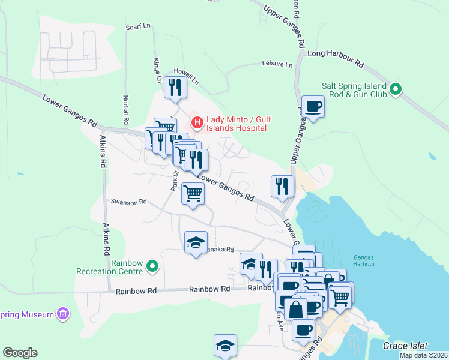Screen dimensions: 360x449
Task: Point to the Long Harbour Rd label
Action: click(335, 58)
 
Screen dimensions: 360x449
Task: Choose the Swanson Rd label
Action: click(128, 202)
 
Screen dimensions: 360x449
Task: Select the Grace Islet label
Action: click(405, 346)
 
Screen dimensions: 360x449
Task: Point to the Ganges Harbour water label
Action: click(364, 260)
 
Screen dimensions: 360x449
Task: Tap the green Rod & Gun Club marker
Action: click(395, 90)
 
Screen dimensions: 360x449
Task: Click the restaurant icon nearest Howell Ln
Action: click(175, 88)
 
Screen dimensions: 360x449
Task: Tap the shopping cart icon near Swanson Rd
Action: click(193, 193)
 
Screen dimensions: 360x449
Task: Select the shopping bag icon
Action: click(295, 310)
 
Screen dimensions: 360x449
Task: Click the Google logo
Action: click(20, 353)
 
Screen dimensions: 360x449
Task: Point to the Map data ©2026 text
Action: click(423, 355)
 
